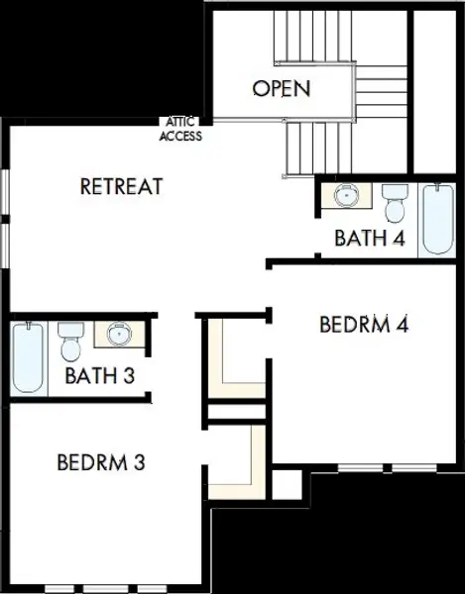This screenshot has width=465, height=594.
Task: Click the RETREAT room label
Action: pyautogui.click(x=121, y=185)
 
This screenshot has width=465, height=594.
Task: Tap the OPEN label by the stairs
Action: pyautogui.click(x=281, y=88)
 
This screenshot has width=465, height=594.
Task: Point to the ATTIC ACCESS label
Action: pyautogui.click(x=180, y=131)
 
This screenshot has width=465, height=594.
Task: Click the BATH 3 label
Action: pyautogui.click(x=99, y=375)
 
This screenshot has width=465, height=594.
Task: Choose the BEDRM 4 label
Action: pyautogui.click(x=365, y=324)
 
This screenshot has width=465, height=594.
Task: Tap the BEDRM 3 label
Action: pyautogui.click(x=103, y=461)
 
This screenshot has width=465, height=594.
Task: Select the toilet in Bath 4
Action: pyautogui.click(x=396, y=202)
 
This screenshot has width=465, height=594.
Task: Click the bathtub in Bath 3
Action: pyautogui.click(x=27, y=357)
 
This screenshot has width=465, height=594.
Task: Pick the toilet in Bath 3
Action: pyautogui.click(x=70, y=342)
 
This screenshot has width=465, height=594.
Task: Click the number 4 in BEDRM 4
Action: pyautogui.click(x=403, y=324)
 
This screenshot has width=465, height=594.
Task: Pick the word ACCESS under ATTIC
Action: pyautogui.click(x=180, y=137)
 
